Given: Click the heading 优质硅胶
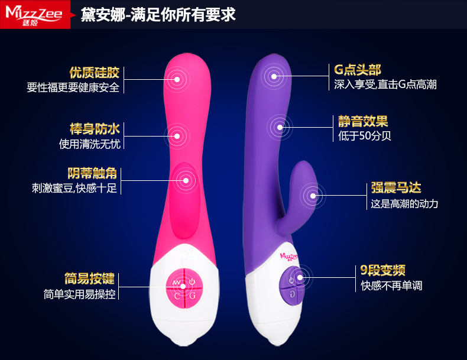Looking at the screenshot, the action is [x=95, y=73].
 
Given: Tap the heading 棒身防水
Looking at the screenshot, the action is [x=95, y=129].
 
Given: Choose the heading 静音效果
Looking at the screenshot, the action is [x=363, y=122].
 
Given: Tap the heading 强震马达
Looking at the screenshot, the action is [x=396, y=189].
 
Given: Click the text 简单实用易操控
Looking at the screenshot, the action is [x=80, y=294].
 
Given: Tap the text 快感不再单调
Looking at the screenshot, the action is [x=392, y=286].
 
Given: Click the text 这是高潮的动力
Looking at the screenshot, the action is [x=404, y=204].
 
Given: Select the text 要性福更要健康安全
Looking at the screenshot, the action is [x=73, y=87].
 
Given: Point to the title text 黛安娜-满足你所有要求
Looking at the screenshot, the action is [x=158, y=14].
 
